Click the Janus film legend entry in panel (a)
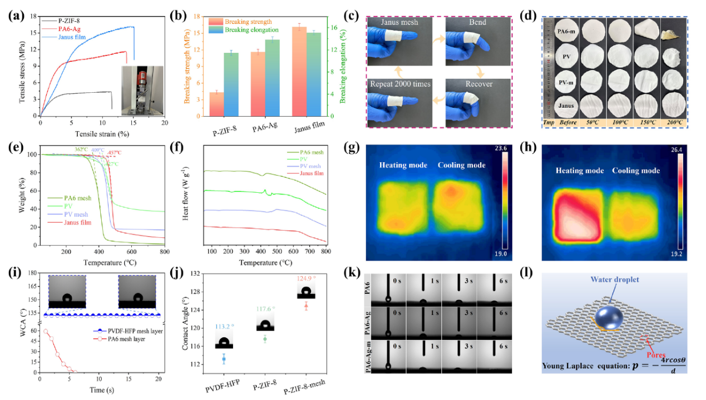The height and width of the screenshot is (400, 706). (64, 35)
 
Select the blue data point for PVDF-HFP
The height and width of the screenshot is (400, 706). (224, 359)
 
